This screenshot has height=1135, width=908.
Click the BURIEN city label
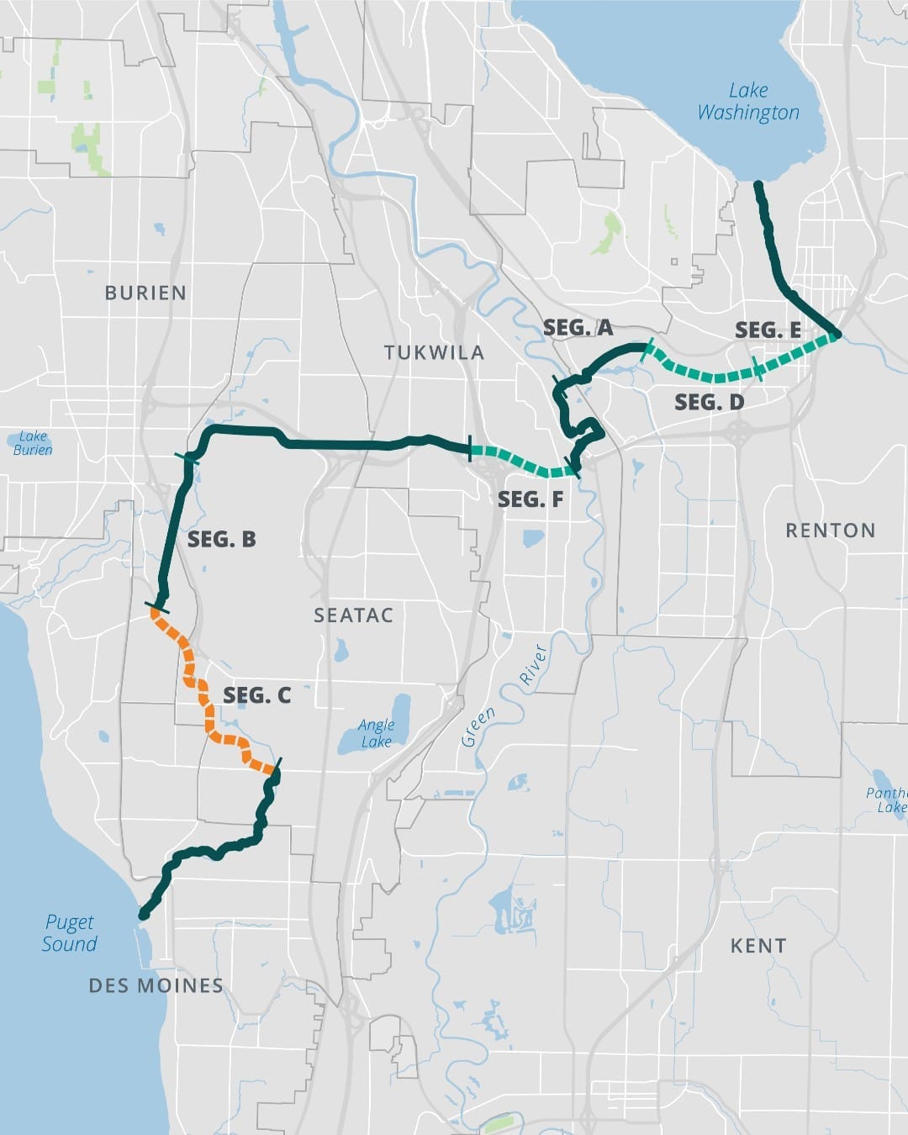pyautogui.click(x=145, y=293)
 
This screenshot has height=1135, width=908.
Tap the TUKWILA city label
pyautogui.click(x=434, y=352)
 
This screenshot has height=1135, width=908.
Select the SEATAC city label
pyautogui.click(x=353, y=615)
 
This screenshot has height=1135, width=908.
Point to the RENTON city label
pyautogui.click(x=830, y=531)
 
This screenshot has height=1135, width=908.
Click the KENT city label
pyautogui.click(x=758, y=946)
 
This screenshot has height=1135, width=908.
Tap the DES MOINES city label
pyautogui.click(x=156, y=985)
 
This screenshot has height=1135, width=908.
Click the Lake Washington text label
pyautogui.click(x=748, y=102)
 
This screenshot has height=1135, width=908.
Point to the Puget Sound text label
pyautogui.click(x=70, y=933)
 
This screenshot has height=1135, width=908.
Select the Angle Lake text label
pyautogui.click(x=376, y=732)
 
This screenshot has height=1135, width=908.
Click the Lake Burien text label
pyautogui.click(x=33, y=443)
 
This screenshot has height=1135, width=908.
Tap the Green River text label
pyautogui.click(x=502, y=694)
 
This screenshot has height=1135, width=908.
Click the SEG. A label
pyautogui.click(x=578, y=328)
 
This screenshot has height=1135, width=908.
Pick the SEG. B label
pyautogui.click(x=222, y=539)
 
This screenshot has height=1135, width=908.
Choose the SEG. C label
pyautogui.click(x=256, y=695)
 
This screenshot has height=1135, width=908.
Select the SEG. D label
pyautogui.click(x=709, y=403)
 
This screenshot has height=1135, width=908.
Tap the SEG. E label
pyautogui.click(x=768, y=330)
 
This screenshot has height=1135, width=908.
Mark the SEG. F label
pyautogui.click(x=530, y=499)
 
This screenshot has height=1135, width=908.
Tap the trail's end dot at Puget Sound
pyautogui.click(x=144, y=914)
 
